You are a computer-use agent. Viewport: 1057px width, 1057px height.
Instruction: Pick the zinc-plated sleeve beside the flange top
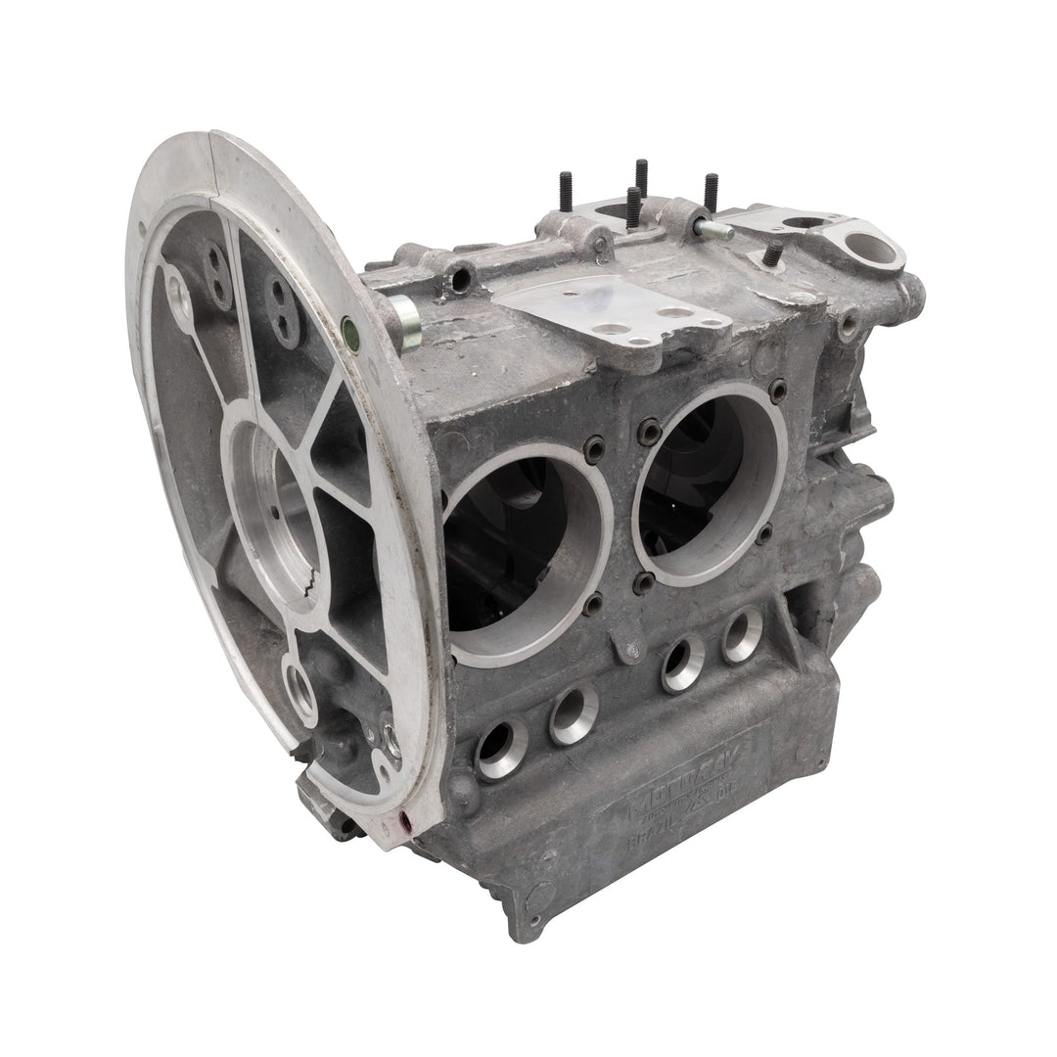click(403, 324)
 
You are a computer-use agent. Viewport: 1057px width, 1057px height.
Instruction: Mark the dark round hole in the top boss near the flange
click(460, 280)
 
